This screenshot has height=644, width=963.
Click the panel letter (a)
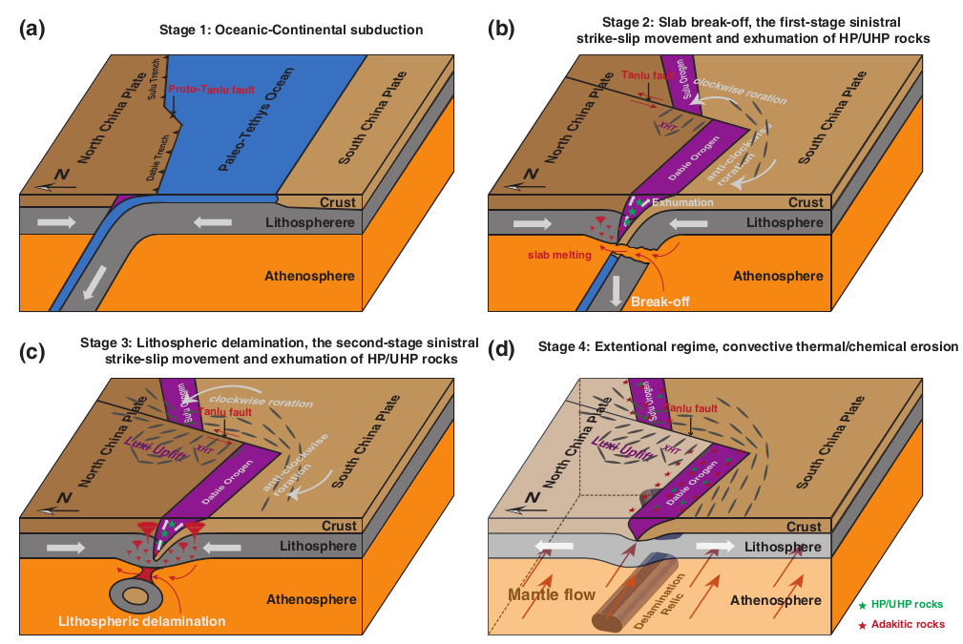[32, 29]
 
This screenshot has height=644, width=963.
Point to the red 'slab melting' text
[561, 255]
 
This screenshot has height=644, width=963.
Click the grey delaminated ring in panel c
[137, 595]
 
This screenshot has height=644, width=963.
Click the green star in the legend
[863, 605]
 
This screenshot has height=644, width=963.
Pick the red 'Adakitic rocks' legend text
[907, 624]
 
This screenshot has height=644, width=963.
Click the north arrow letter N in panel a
[62, 175]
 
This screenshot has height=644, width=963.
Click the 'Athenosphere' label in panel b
[777, 276]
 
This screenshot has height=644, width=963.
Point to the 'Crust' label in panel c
[339, 526]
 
